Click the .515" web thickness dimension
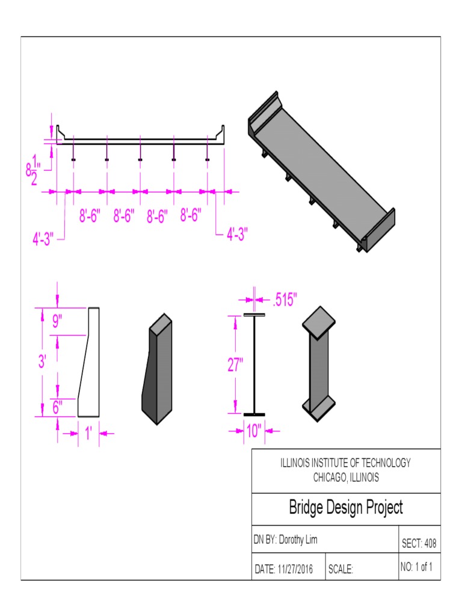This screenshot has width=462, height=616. click(x=285, y=299)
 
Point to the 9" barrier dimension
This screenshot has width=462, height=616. click(x=57, y=322)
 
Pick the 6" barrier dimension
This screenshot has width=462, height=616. click(x=57, y=407)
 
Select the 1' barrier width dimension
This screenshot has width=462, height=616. click(x=88, y=432)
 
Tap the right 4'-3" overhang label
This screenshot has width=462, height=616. click(x=237, y=233)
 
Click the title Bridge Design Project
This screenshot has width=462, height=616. click(x=346, y=508)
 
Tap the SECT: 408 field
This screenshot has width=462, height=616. click(x=419, y=544)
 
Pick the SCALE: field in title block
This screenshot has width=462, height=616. click(x=340, y=569)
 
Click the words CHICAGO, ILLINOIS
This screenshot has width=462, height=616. click(x=346, y=478)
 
